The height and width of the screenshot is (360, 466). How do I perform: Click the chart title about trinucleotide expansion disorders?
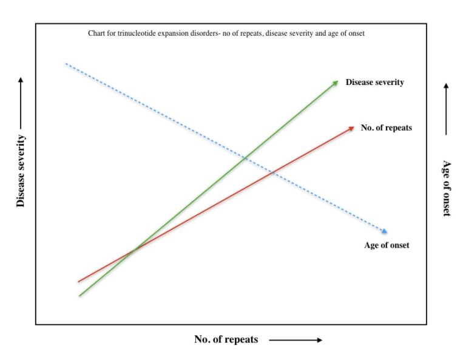click(x=226, y=33)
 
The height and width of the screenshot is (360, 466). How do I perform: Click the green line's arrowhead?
click(x=335, y=83)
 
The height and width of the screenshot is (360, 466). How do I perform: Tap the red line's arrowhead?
click(x=351, y=128)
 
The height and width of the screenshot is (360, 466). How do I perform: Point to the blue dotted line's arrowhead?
click(x=384, y=231)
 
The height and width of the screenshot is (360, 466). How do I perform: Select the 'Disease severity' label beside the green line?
click(x=374, y=82)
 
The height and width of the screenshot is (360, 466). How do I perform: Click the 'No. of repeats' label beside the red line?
click(x=386, y=127)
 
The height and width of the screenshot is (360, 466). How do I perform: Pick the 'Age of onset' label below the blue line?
click(x=387, y=245)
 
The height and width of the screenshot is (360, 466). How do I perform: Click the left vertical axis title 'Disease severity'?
click(x=21, y=171)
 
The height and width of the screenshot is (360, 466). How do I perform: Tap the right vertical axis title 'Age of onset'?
click(x=447, y=188)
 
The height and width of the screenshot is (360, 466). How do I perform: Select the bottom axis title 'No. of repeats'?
click(x=226, y=339)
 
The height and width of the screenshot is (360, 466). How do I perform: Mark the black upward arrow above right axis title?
click(x=446, y=109)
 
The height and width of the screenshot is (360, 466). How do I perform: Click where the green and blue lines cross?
click(x=245, y=159)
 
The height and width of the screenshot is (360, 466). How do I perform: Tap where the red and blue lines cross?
click(x=273, y=174)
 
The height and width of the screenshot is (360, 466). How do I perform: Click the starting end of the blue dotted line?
click(x=66, y=63)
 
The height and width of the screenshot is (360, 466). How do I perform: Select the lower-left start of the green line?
click(x=79, y=296)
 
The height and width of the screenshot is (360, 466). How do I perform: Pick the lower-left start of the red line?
click(x=79, y=282)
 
